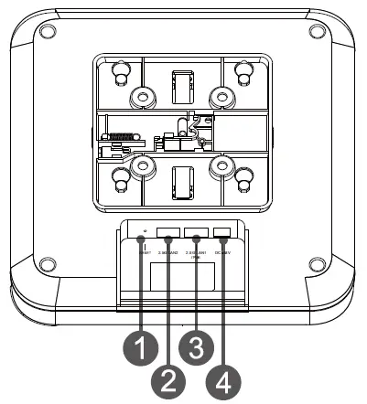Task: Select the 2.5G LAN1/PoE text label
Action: [x=196, y=253]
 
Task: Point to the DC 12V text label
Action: [x=222, y=252]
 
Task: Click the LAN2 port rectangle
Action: [x=168, y=232]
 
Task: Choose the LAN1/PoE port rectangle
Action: [x=196, y=232]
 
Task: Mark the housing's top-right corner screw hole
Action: [x=316, y=32]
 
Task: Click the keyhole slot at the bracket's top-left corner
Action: [x=120, y=71]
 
